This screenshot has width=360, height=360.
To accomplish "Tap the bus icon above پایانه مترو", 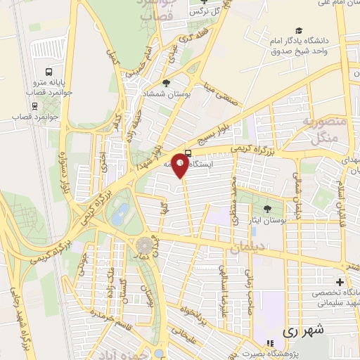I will click(48, 72).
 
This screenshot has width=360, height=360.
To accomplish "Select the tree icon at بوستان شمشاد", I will click(165, 82).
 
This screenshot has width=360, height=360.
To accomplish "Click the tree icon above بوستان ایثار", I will click(266, 208).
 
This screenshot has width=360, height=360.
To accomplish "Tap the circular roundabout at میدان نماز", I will click(145, 245).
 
